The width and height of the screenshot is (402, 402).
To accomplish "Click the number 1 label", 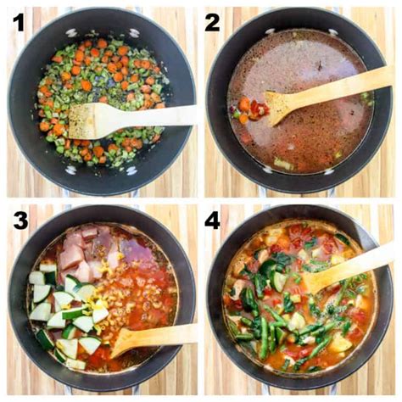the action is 19,23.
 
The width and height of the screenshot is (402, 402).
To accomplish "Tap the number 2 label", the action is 212,23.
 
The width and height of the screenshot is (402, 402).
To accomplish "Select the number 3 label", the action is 20,221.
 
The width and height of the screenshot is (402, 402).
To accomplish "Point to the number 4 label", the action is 212,221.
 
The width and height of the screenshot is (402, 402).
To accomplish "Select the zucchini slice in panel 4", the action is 278,281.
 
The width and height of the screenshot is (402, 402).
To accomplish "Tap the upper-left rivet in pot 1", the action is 70,33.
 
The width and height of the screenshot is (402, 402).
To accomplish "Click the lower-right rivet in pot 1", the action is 131,170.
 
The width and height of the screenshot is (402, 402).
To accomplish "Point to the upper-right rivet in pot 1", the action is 134,33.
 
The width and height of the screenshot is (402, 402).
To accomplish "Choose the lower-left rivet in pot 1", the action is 70,170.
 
